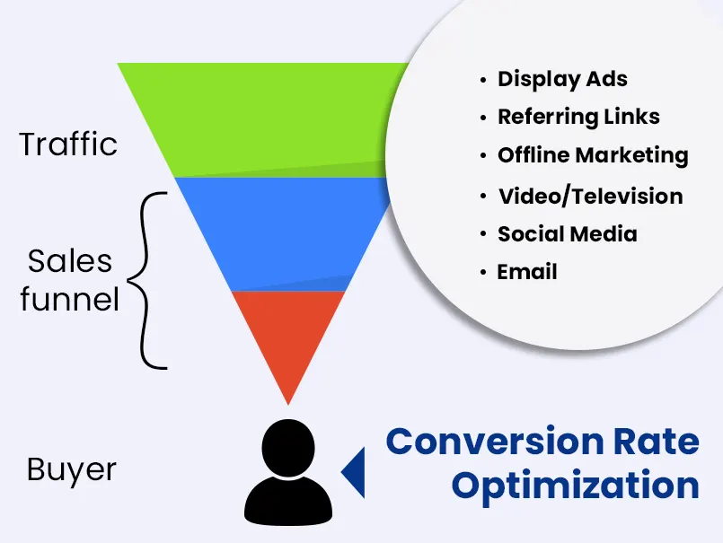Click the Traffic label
pos(68,145)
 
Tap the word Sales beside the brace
pos(70,261)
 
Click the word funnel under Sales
pos(69,299)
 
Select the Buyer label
pos(71,469)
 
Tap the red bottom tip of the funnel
pos(287,341)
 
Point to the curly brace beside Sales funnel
pos(149,279)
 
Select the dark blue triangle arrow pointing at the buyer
pos(355,470)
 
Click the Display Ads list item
pos(562,79)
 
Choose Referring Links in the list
pos(578,117)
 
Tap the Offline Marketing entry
pos(593,155)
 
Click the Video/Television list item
pos(590,196)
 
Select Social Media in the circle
pos(567,233)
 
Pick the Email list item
pos(527,271)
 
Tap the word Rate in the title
pos(652,442)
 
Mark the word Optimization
pos(575,485)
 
